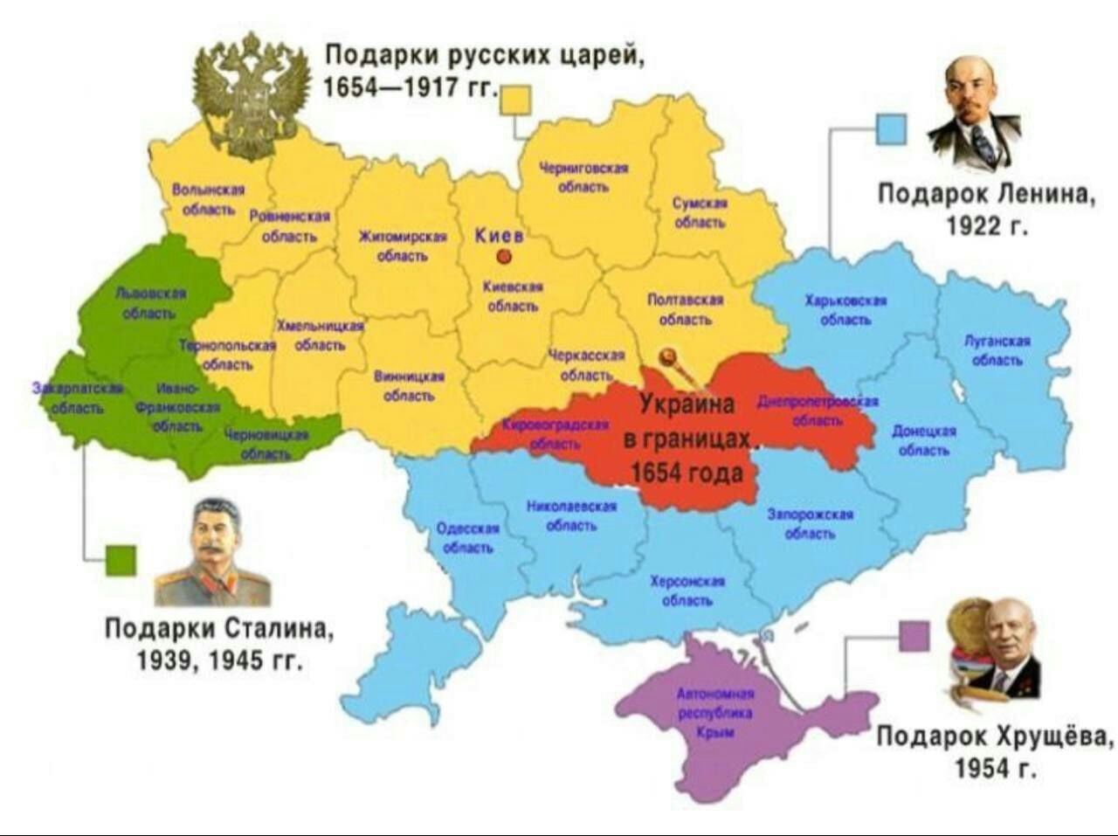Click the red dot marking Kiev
[x=503, y=256]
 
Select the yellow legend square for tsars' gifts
[x=515, y=99]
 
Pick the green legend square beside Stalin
[x=121, y=560]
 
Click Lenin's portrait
[x=972, y=114]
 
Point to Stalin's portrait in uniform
[x=212, y=554]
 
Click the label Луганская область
[x=997, y=350]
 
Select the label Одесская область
[x=467, y=538]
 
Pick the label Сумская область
[x=700, y=212]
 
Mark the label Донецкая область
[x=923, y=440]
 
